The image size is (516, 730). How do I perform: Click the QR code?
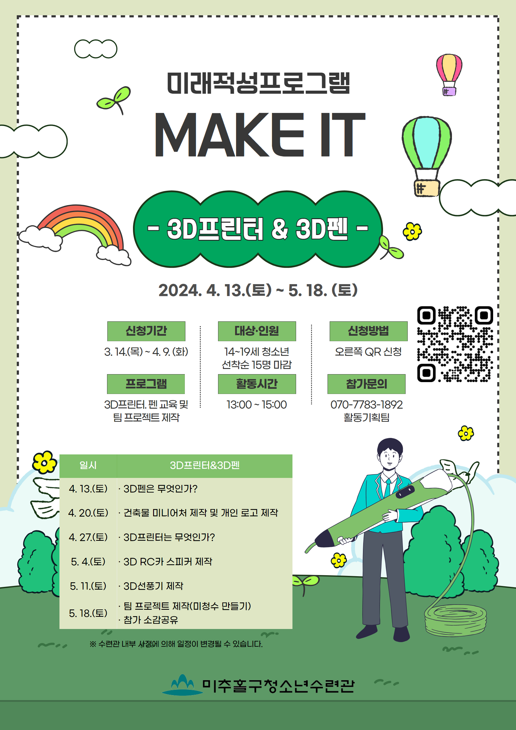pyautogui.click(x=455, y=344)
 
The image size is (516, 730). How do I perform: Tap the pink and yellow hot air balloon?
pyautogui.click(x=449, y=74)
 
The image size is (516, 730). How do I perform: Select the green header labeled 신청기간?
pyautogui.click(x=146, y=331)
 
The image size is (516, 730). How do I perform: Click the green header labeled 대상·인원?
pyautogui.click(x=257, y=331)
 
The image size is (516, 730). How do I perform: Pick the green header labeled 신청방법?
pyautogui.click(x=368, y=331)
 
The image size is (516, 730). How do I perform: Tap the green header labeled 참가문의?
pyautogui.click(x=366, y=384)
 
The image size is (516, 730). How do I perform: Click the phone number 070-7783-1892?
pyautogui.click(x=366, y=404)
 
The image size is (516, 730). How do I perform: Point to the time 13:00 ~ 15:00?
pyautogui.click(x=257, y=404)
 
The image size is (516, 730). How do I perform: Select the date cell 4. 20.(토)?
pyautogui.click(x=88, y=512)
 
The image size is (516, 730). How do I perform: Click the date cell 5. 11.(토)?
pyautogui.click(x=88, y=586)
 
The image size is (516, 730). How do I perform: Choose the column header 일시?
pyautogui.click(x=88, y=465)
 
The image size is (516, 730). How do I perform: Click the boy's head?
pyautogui.click(x=390, y=454)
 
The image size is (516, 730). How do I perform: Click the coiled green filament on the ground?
pyautogui.click(x=455, y=620)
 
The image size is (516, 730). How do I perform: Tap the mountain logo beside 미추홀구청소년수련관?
pyautogui.click(x=182, y=685)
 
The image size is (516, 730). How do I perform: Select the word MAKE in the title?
pyautogui.click(x=229, y=135)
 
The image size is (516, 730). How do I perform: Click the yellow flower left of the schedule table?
pyautogui.click(x=44, y=462)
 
